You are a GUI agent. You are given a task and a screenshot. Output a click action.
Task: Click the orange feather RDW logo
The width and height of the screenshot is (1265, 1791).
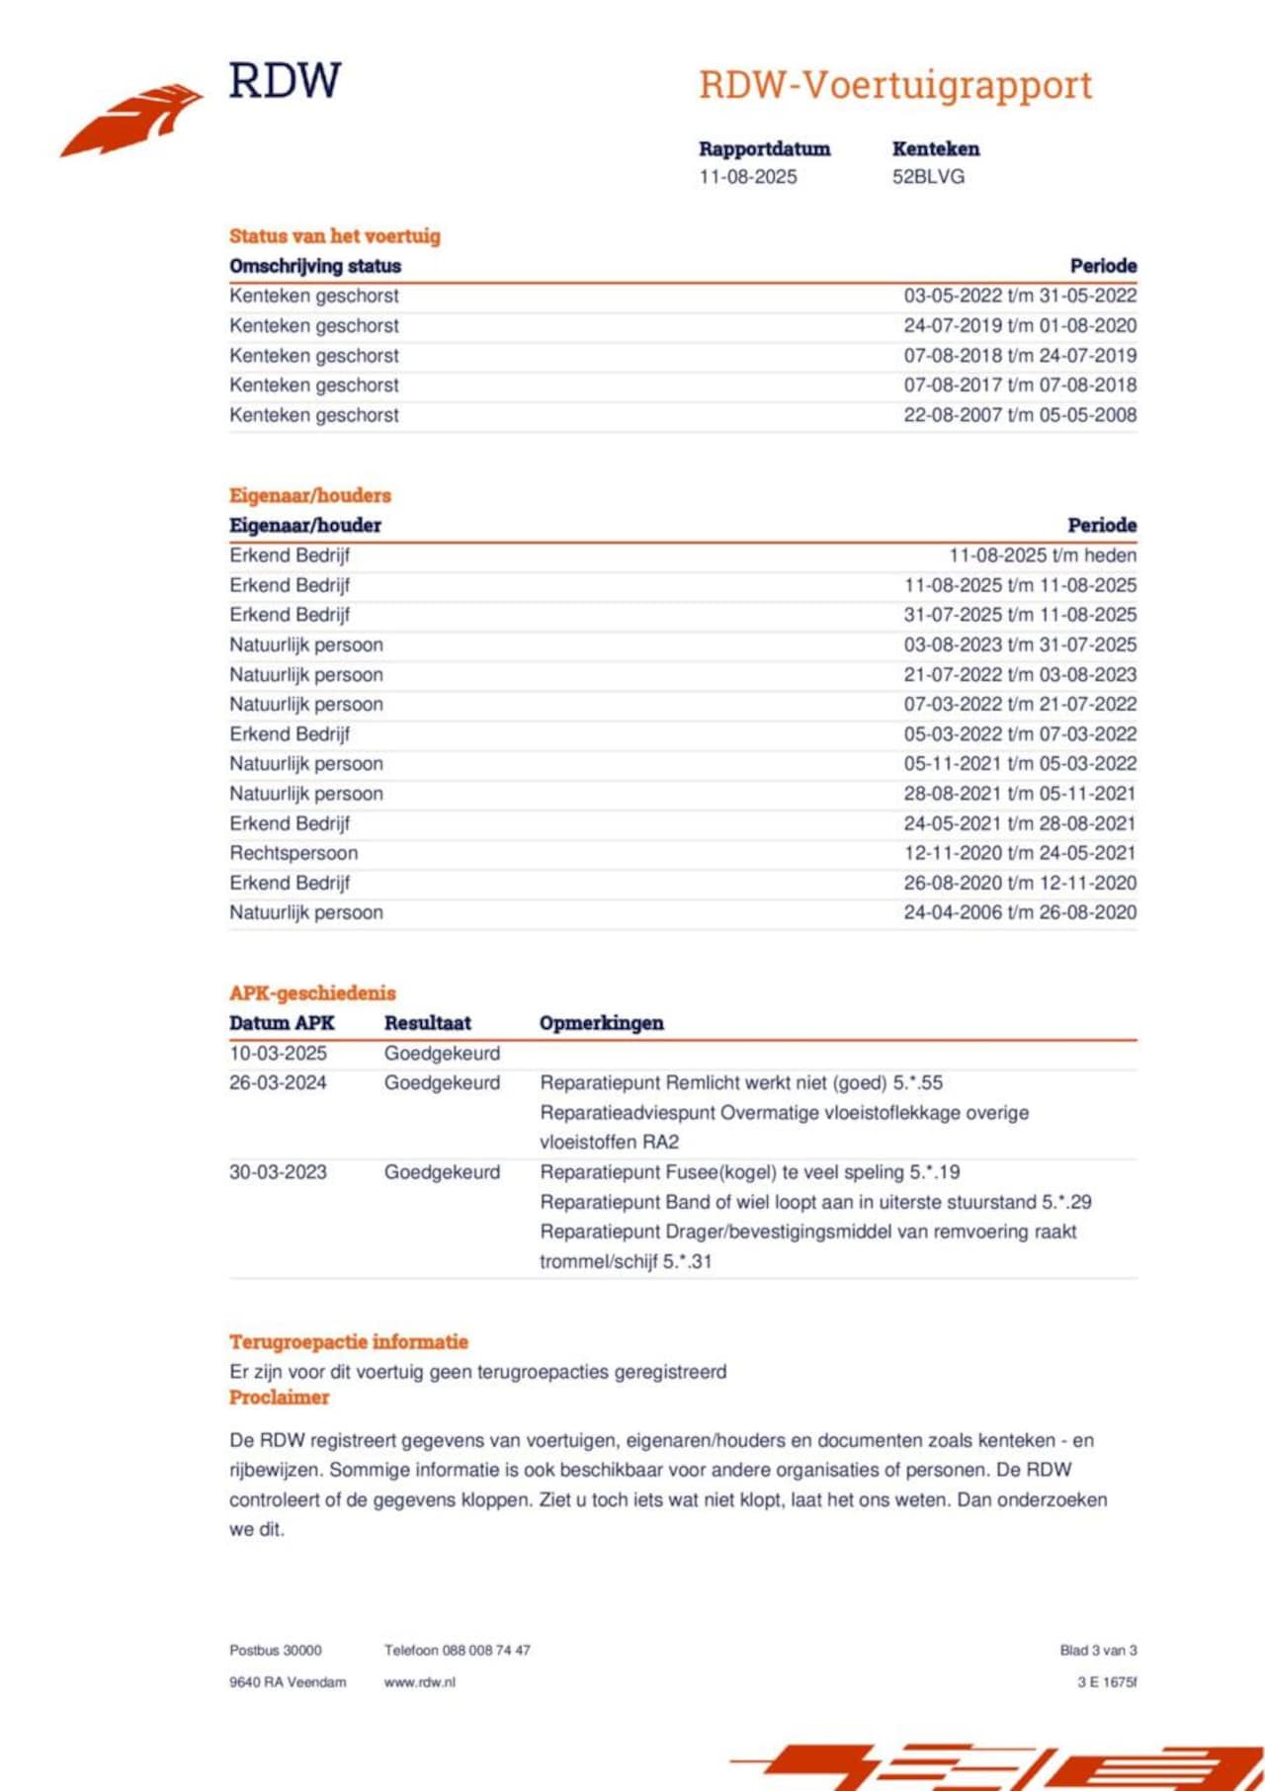click(x=131, y=120)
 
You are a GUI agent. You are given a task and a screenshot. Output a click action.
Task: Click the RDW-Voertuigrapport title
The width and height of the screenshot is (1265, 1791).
click(x=895, y=85)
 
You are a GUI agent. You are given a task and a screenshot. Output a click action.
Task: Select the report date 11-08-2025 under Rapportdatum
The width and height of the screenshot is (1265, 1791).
click(x=748, y=177)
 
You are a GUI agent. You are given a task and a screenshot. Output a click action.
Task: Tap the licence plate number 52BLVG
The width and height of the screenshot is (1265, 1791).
click(x=928, y=177)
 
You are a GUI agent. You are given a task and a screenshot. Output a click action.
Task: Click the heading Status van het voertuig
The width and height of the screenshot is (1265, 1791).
click(x=335, y=236)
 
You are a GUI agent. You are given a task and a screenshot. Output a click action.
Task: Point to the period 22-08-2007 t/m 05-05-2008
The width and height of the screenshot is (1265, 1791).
click(x=1020, y=415)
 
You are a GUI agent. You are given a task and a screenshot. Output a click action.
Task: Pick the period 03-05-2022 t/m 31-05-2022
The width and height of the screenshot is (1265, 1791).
click(x=1020, y=296)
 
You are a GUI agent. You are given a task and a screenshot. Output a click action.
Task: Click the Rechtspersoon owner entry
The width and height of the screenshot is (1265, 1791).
click(x=294, y=853)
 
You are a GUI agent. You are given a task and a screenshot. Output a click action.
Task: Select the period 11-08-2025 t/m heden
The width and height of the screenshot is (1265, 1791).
click(x=1043, y=555)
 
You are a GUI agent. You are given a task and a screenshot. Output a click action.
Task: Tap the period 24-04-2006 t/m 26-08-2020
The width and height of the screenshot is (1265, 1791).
click(x=1020, y=912)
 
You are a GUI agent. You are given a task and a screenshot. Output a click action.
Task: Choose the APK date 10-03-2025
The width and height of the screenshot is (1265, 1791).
click(x=278, y=1054)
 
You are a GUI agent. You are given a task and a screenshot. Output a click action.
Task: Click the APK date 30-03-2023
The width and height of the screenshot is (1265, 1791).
click(x=278, y=1172)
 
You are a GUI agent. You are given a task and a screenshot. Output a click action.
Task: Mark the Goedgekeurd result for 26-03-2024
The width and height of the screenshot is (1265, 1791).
click(x=442, y=1083)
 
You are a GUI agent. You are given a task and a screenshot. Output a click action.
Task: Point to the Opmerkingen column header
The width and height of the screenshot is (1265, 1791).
click(x=601, y=1023)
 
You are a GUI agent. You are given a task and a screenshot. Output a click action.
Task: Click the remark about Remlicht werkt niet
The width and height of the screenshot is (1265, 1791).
click(x=741, y=1083)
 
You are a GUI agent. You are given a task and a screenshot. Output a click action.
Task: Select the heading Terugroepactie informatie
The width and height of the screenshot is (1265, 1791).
click(x=349, y=1342)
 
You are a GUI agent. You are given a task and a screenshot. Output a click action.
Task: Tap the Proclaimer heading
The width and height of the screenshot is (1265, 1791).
click(x=279, y=1398)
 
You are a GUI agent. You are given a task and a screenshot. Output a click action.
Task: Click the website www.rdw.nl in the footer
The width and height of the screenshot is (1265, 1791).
click(x=420, y=1682)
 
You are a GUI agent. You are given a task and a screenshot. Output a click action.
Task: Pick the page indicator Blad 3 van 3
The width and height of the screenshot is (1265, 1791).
click(x=1098, y=1651)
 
